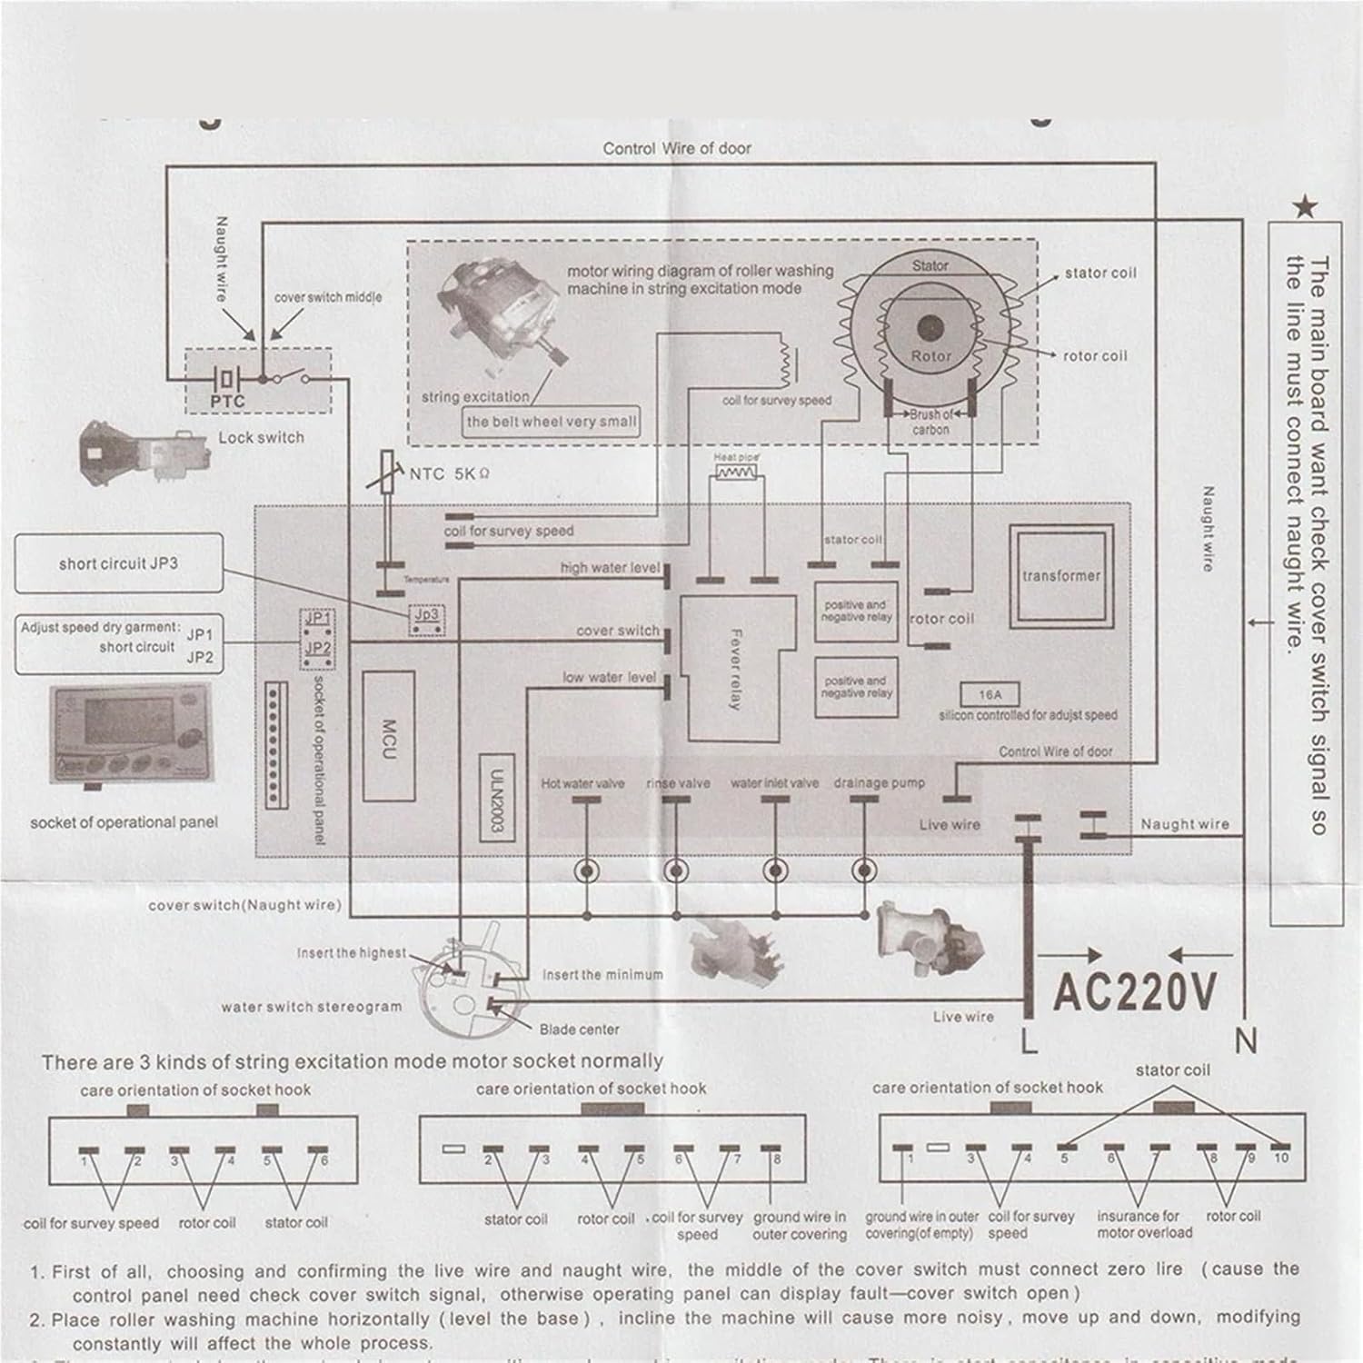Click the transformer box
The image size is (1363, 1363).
(1060, 575)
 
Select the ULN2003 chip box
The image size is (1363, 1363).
(496, 797)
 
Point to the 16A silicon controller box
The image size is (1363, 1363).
(990, 695)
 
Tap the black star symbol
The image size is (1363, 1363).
(1306, 208)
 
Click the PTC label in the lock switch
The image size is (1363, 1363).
(227, 401)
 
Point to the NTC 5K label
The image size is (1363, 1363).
(449, 473)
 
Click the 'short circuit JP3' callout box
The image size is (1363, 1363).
(118, 563)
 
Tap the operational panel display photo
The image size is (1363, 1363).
(130, 733)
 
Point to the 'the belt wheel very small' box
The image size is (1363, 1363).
(551, 422)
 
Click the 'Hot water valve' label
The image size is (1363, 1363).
(582, 783)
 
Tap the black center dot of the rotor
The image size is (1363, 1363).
(930, 328)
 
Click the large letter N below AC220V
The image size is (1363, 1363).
(1246, 1041)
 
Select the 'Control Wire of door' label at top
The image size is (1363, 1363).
(677, 148)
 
